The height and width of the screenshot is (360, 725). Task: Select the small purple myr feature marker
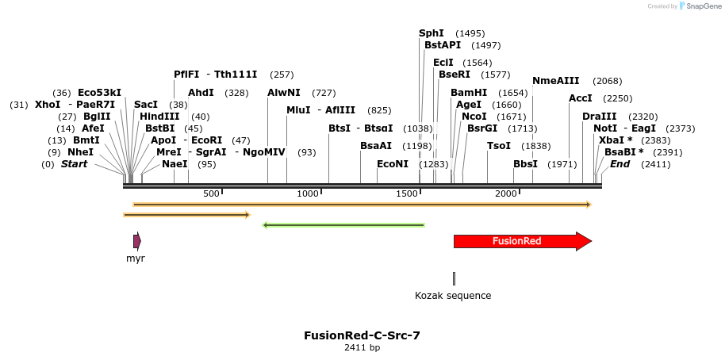[x=136, y=241]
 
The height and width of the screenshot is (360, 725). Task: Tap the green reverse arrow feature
[x=343, y=225]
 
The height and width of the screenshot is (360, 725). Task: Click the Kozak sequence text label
[x=453, y=296]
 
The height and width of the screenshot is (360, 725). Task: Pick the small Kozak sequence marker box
[x=454, y=278]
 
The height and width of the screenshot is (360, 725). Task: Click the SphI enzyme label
[x=432, y=33]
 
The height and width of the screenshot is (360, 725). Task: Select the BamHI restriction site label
[x=469, y=93]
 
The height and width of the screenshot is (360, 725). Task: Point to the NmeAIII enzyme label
[x=555, y=81]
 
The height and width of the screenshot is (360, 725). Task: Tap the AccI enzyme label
[x=581, y=98]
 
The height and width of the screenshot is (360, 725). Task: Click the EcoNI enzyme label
[x=393, y=164]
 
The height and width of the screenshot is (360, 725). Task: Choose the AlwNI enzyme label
[x=284, y=93]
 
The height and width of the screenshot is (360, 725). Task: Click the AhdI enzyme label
[x=201, y=93]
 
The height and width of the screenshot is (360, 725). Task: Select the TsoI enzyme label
[x=499, y=146]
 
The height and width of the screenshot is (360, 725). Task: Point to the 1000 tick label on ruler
[x=307, y=194]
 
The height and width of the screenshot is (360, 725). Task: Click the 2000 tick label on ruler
[x=506, y=194]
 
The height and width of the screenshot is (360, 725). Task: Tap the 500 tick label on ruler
[x=211, y=194]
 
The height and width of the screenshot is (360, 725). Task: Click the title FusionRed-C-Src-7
[x=362, y=335]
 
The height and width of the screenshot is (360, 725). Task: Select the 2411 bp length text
[x=362, y=348]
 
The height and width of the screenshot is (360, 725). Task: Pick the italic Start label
[x=74, y=164]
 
